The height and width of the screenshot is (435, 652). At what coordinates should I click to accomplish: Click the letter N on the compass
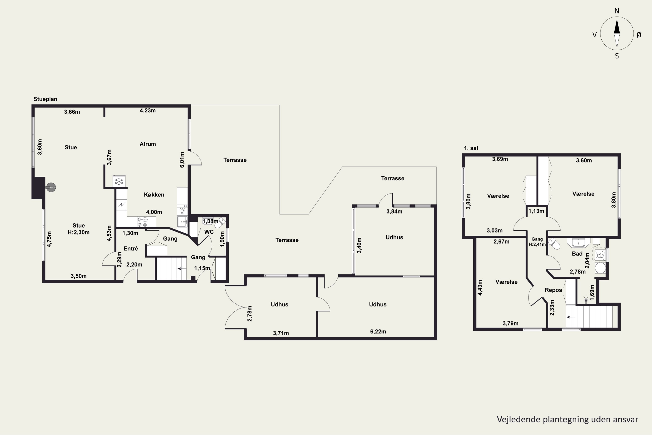click(617, 11)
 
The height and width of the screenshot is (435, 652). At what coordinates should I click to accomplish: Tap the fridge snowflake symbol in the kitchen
click(119, 182)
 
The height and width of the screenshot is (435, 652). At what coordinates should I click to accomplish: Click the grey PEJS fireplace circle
click(51, 187)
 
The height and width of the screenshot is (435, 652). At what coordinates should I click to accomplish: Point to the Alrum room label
click(148, 144)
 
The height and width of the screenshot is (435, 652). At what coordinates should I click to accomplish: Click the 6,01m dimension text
click(182, 160)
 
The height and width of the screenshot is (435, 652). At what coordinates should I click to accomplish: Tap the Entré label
click(131, 249)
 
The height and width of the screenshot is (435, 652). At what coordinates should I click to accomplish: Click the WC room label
click(209, 232)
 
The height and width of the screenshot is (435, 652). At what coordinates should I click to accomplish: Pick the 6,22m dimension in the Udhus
click(378, 331)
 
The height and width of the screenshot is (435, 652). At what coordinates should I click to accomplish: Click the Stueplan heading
click(45, 99)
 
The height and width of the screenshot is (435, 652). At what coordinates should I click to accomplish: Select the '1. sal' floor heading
click(471, 148)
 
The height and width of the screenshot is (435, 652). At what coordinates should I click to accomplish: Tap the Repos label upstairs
click(553, 290)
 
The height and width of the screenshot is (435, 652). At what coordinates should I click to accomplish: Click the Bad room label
click(577, 254)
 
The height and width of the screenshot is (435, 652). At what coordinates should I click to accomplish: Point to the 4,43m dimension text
click(480, 287)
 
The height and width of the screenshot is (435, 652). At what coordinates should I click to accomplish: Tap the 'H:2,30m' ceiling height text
click(79, 233)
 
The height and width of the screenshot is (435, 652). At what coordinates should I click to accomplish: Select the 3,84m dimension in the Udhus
click(394, 211)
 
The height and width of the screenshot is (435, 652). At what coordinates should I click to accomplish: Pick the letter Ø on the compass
click(639, 35)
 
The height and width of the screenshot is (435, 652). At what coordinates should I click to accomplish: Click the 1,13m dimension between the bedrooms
click(536, 211)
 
